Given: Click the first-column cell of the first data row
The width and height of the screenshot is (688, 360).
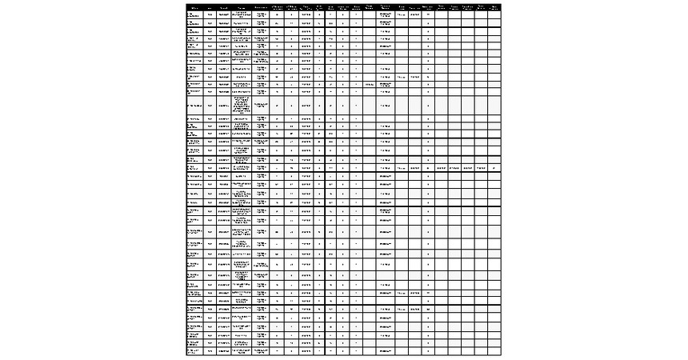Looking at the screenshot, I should pos(194,15).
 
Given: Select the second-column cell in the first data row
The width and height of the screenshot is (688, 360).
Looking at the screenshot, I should pos(210,15).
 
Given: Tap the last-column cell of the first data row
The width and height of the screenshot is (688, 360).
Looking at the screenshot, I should pos(494,15).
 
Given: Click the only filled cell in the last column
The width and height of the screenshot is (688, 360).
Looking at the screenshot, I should pos(494,168).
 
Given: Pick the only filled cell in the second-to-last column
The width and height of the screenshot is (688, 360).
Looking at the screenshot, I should pos(481,168).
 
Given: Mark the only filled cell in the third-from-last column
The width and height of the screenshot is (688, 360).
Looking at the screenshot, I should pos(467,168).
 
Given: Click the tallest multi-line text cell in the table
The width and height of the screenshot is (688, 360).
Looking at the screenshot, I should pos(242,105).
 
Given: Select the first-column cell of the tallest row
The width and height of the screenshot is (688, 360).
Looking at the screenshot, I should pos(194,105).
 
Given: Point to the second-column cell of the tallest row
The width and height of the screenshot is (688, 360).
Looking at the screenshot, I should pos(210,105).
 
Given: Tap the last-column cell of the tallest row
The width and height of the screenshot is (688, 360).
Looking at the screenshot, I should pos(494,105).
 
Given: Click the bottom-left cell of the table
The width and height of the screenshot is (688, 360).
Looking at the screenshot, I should pos(194,351).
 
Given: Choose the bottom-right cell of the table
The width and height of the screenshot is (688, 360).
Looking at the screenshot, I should pos(494,351).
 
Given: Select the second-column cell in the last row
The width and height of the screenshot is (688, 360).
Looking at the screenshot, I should pos(210,351).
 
